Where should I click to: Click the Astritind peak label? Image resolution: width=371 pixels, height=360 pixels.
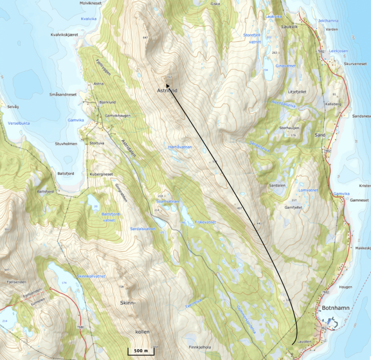click(x=167, y=91)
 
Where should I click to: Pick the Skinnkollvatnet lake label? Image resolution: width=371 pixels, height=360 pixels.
click(x=91, y=276)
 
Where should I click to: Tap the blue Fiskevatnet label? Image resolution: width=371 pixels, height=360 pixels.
click(x=205, y=222)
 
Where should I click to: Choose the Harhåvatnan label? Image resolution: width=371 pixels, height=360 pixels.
click(x=179, y=147)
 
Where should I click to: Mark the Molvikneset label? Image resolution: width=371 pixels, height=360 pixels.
click(x=90, y=3)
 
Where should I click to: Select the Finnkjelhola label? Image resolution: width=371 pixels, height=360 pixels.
click(x=200, y=347)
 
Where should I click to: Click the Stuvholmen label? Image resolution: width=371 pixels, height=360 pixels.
click(x=66, y=144)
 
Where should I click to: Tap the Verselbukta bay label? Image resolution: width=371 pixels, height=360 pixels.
click(x=18, y=123)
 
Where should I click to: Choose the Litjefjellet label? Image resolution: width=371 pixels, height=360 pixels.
click(x=297, y=92)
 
